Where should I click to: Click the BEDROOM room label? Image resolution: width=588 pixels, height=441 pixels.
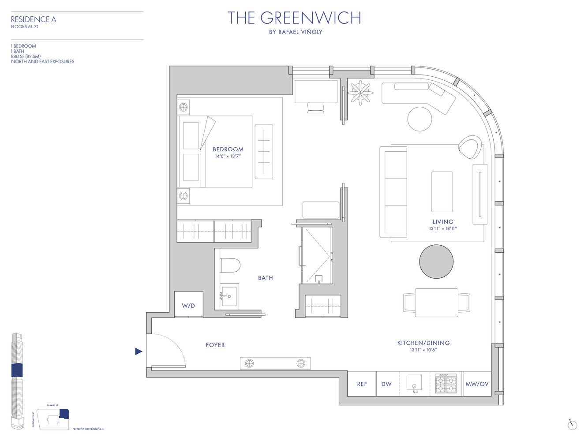pos(228,149)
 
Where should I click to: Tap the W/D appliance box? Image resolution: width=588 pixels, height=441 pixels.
pos(188,305)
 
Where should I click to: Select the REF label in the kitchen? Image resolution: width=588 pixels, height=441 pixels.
pos(362,384)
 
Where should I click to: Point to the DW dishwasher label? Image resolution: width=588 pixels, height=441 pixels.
pos(386,384)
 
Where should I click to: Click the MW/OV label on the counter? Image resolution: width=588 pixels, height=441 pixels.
pos(477,384)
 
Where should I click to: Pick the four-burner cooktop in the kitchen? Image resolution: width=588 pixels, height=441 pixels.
pos(446,384)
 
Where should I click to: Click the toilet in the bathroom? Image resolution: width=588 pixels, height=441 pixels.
pos(230,265)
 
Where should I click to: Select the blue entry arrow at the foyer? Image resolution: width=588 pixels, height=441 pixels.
pos(139,351)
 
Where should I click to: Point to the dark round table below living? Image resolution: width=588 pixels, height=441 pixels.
pos(436,262)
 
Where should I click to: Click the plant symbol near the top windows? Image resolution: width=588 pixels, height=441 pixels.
pos(360,93)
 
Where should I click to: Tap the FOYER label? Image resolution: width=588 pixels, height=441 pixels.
pos(215,345)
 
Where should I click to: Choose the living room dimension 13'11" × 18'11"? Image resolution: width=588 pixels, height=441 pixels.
pos(442,228)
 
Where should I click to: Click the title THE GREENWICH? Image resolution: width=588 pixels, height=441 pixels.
pos(294,18)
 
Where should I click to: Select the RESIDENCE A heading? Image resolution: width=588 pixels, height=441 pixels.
pos(34,19)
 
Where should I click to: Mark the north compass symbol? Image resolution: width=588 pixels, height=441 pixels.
pos(572,425)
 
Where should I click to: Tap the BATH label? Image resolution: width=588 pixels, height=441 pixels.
pos(265,278)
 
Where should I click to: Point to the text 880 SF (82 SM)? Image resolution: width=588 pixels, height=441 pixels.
pos(26,56)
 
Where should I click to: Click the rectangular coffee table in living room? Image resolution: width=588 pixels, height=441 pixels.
pos(442,192)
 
